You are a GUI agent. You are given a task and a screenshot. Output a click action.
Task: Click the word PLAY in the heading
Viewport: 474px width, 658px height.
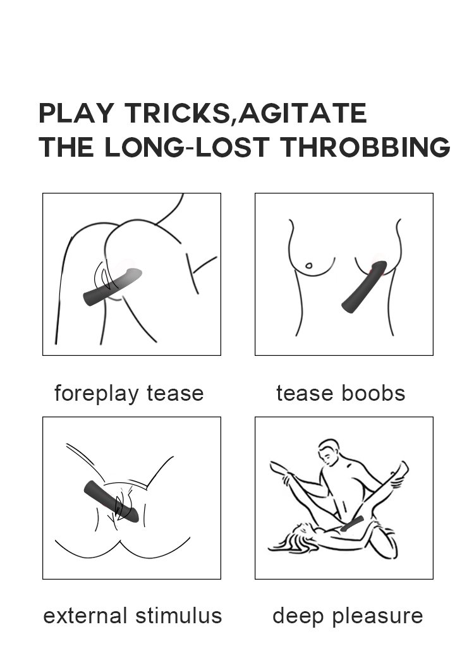click(76, 113)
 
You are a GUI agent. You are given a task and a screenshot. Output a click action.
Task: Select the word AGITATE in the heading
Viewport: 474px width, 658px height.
click(302, 113)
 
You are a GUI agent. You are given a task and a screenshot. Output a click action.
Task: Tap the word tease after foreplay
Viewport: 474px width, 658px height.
click(175, 394)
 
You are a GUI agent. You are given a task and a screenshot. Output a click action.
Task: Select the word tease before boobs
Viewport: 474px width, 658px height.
click(305, 394)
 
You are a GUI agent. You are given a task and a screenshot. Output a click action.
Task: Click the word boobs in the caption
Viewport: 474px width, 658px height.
click(374, 393)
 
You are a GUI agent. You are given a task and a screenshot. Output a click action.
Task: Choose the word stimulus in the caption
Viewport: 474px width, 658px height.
click(179, 616)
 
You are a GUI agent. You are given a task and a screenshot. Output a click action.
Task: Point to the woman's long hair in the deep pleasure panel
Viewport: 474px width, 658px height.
click(290, 539)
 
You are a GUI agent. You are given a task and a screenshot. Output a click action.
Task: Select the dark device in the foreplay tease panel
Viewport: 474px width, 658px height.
click(112, 287)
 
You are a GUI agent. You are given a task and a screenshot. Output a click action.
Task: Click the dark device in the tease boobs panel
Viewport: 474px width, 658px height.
click(364, 286)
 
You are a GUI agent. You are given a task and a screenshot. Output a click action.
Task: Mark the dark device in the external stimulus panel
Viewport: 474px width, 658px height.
click(111, 501)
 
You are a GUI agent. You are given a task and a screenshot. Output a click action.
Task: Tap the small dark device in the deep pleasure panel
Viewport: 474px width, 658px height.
click(352, 524)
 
